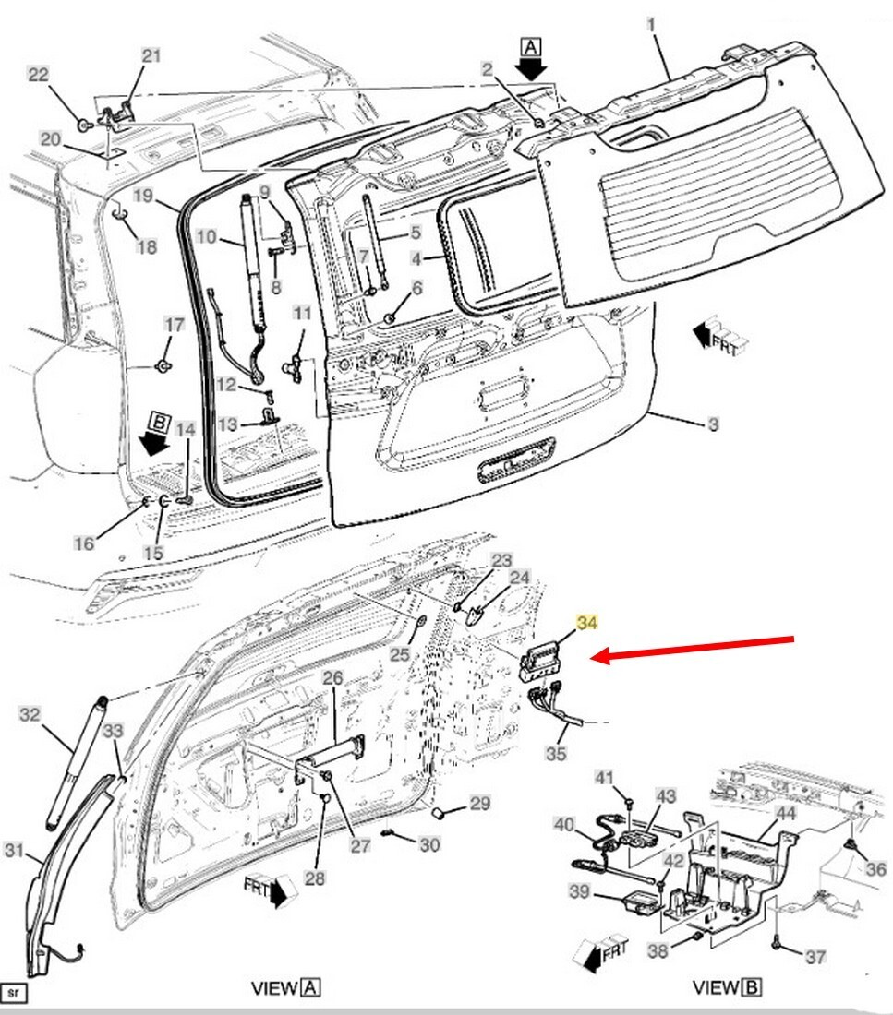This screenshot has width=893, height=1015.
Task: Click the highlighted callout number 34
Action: [586, 622]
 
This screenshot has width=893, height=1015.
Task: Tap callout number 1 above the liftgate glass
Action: [651, 25]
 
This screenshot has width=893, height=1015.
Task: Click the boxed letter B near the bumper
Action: [158, 422]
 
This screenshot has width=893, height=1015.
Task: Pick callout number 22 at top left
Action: [38, 75]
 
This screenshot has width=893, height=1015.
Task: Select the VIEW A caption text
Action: [285, 988]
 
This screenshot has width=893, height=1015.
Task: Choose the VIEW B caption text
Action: [727, 987]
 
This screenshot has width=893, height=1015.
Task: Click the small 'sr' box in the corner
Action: [14, 992]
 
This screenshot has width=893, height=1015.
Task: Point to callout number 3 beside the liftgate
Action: [713, 424]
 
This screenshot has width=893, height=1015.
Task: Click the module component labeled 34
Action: [542, 662]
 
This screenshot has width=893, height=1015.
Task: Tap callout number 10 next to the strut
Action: [206, 236]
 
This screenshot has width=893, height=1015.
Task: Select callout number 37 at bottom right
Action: [815, 956]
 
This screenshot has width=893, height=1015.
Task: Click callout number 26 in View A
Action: [332, 678]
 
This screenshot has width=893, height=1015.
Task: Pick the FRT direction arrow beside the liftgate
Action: [720, 337]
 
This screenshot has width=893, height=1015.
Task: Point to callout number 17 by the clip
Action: [174, 324]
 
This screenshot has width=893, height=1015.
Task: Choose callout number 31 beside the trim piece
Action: [14, 849]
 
